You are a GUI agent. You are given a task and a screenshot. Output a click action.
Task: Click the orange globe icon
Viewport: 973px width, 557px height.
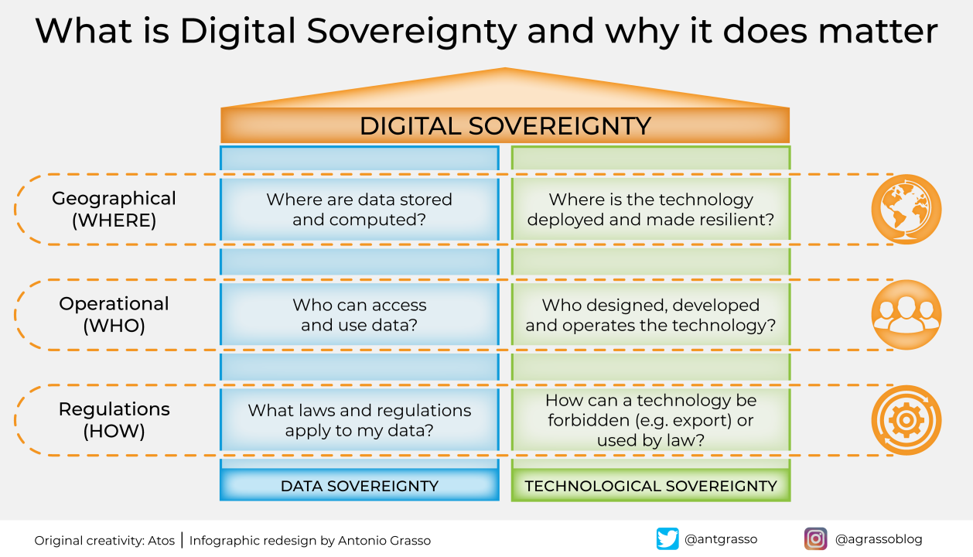906,210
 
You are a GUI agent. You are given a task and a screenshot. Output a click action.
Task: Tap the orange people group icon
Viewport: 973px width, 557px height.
906,315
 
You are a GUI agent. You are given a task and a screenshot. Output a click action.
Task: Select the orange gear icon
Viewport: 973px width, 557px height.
906,420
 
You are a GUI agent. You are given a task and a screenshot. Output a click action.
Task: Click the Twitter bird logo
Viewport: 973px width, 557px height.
667,538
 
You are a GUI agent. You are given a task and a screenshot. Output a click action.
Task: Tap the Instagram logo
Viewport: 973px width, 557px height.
815,538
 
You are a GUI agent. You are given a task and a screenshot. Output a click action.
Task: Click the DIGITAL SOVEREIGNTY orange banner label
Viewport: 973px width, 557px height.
505,126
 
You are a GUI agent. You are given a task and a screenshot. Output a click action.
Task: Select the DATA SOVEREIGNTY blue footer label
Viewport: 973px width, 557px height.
360,486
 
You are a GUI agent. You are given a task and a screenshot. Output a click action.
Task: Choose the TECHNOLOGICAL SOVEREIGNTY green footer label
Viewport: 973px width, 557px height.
650,486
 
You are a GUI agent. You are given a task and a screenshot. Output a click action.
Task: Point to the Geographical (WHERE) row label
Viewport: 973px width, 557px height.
114,209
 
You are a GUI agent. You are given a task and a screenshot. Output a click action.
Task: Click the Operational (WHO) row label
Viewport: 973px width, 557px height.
114,314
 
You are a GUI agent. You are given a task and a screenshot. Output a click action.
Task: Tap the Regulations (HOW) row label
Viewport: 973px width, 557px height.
114,419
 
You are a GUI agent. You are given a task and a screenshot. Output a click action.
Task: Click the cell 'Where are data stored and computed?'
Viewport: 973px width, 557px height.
360,210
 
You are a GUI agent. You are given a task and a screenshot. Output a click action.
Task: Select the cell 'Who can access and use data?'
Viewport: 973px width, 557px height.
360,315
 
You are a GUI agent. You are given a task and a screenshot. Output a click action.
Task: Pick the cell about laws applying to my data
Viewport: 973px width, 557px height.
360,420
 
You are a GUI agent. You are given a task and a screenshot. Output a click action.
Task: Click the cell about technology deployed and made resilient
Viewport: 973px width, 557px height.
650,210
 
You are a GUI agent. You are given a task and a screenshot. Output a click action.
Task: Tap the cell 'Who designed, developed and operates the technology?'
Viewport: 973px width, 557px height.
650,315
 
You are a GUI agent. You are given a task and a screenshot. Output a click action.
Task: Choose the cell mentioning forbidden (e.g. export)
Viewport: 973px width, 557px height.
650,420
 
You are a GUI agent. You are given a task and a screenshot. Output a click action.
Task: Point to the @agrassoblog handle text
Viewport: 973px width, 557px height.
879,539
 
